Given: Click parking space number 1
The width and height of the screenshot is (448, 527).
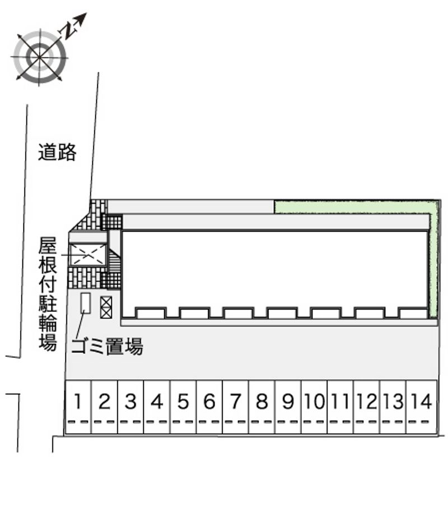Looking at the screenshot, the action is coord(78,407).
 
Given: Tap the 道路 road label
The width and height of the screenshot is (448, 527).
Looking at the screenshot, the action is coord(57,152).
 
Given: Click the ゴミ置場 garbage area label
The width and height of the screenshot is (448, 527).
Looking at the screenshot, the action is coord(108,346).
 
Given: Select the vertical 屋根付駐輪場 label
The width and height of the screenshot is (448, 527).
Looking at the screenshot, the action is coord(48,294).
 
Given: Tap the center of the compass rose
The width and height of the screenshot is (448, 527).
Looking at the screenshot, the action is coord(40,57).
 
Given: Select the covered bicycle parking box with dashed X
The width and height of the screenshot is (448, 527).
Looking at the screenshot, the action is coord(88,255).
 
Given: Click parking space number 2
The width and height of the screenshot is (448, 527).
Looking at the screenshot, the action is coord(104,407).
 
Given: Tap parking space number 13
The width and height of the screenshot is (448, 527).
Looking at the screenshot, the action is coord(393,407).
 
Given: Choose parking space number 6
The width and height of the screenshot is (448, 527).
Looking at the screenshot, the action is coord(209,407).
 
